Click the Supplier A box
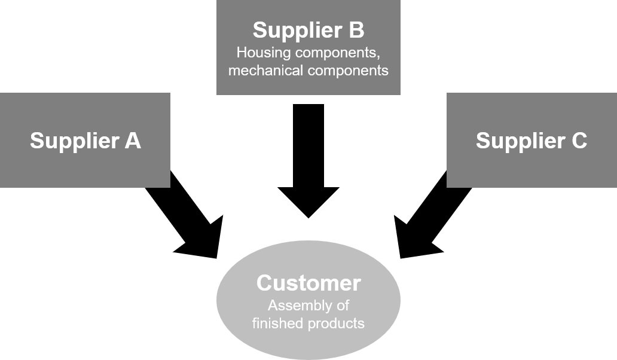click(85, 140)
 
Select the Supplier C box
click(532, 140)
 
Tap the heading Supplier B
click(308, 30)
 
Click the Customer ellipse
click(308, 300)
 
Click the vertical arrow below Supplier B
click(308, 161)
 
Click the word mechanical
click(266, 71)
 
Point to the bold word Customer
click(308, 283)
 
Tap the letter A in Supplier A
click(133, 141)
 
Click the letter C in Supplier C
click(579, 141)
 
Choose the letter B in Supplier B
click(356, 30)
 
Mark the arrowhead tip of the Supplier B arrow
click(308, 218)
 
